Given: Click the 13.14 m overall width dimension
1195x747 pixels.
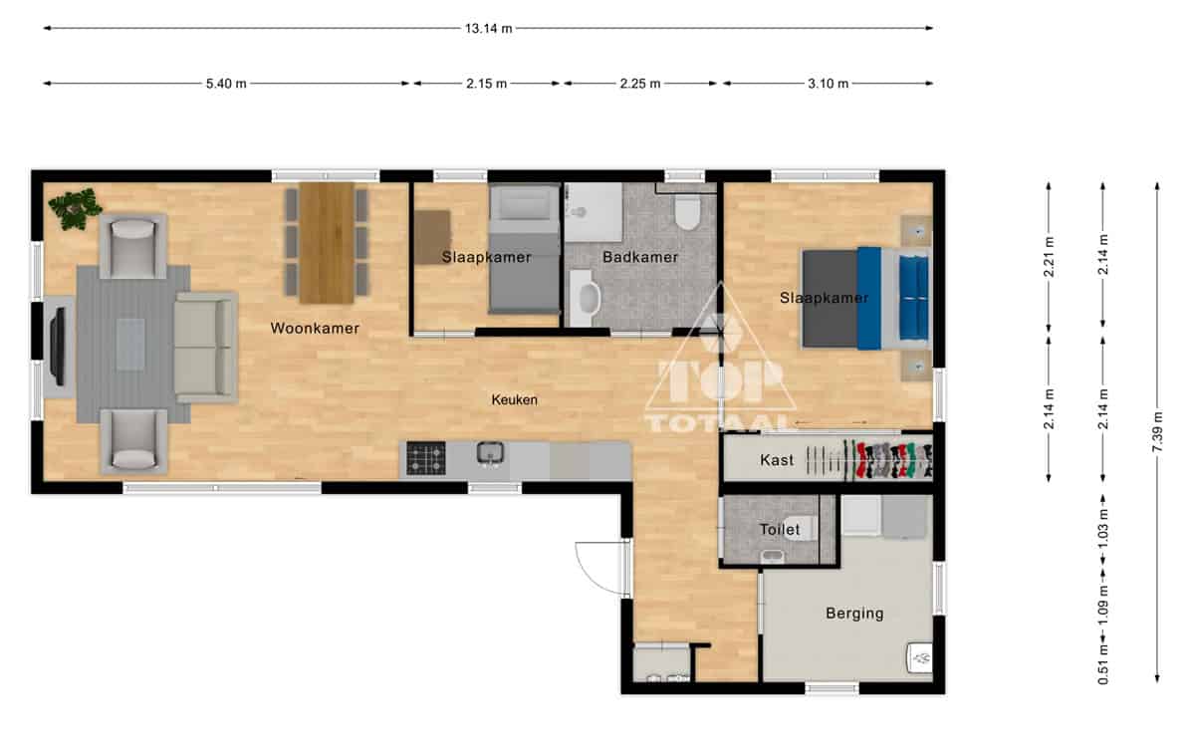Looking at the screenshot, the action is point(488,28).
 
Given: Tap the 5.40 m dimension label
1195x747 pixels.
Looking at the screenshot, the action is point(226,84).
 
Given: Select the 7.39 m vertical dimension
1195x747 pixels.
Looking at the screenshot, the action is point(1157,431).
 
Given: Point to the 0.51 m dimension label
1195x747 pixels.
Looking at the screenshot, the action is point(1103,665).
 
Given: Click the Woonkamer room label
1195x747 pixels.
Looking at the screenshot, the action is point(315,328).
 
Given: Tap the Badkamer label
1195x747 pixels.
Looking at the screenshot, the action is point(640,257).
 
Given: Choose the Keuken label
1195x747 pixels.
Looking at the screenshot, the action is point(514,399).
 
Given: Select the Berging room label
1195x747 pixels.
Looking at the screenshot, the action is point(854,614).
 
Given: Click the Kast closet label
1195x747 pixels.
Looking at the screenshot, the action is point(777,460).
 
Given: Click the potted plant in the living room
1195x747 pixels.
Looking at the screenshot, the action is point(76,208).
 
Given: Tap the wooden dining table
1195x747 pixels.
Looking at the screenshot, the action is point(327,243).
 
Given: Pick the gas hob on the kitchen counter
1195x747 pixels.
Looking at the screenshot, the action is point(426,458).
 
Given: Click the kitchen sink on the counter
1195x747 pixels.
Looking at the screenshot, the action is point(490,453).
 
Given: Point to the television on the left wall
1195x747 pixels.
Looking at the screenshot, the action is point(57,347).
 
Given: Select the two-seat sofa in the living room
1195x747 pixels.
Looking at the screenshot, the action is point(206,348).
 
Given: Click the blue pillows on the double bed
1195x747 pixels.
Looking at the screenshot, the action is point(914,298).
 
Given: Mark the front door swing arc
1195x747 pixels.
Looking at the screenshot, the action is point(597,569).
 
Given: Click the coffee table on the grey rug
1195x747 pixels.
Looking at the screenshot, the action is point(130,345).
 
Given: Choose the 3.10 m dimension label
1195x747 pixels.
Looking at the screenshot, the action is point(828,84).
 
